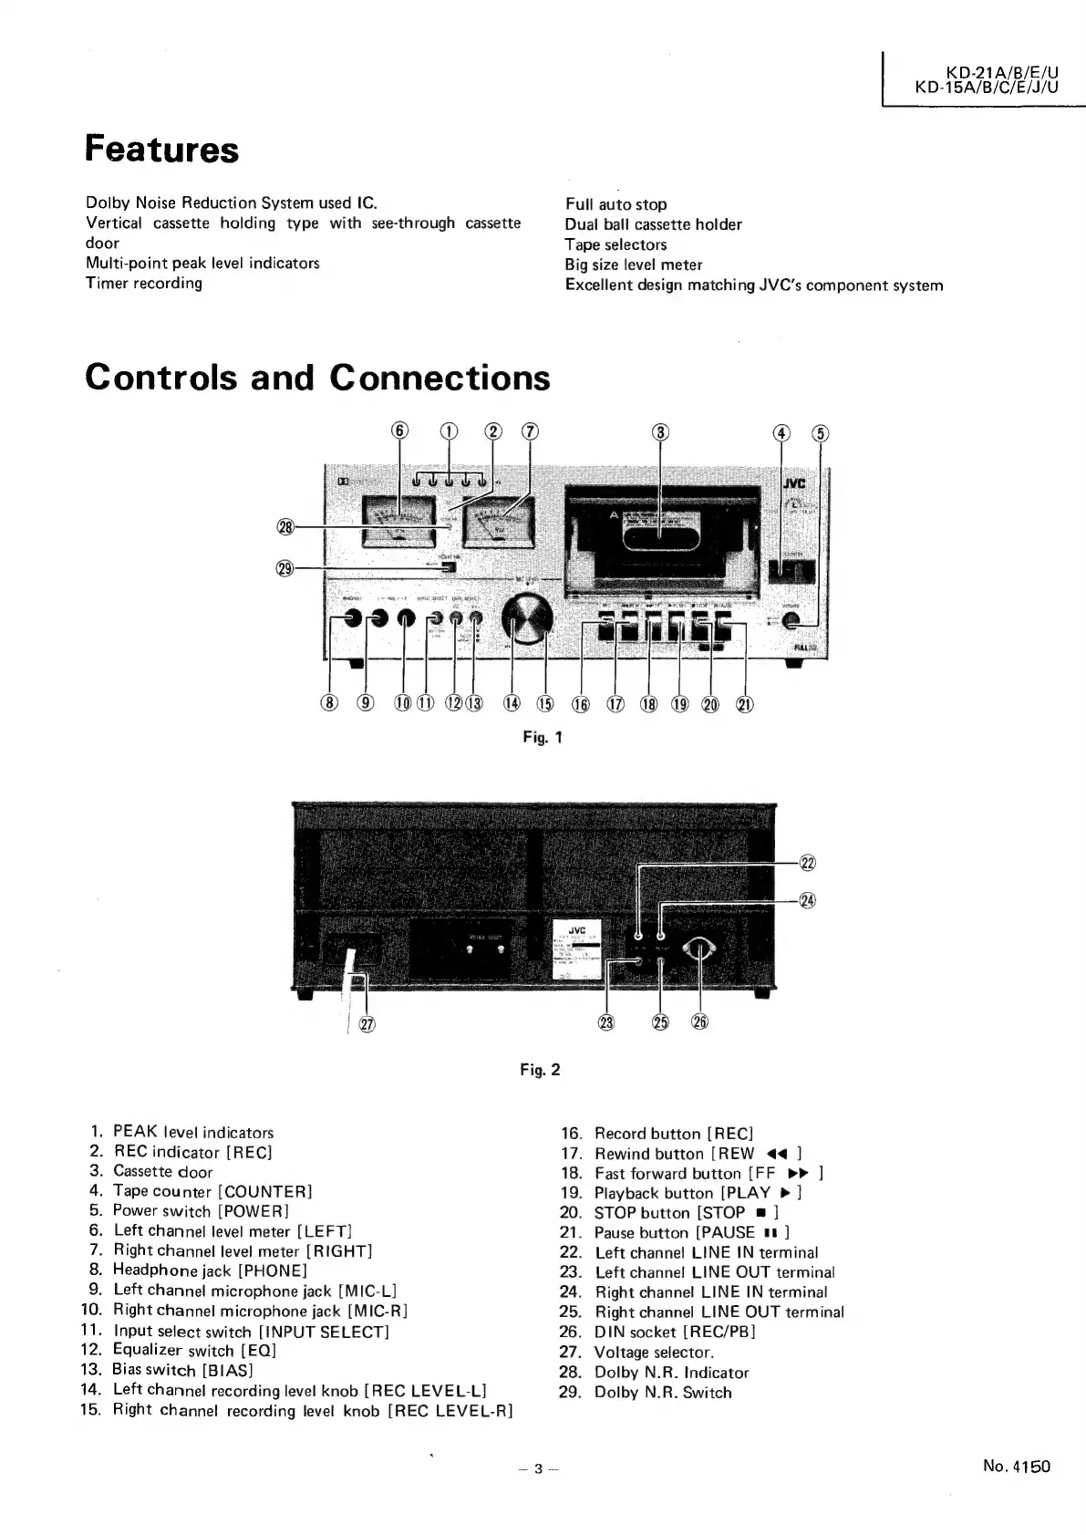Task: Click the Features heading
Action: (x=161, y=150)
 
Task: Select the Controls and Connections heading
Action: (x=317, y=378)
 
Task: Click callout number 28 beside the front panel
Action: (x=285, y=526)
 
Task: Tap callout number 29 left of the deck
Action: (x=285, y=567)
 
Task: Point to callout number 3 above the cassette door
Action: (x=661, y=432)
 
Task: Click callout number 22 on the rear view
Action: (x=807, y=864)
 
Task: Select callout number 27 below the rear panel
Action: (x=367, y=1024)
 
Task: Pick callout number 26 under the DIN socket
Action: (x=699, y=1022)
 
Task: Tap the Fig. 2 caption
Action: (x=542, y=1069)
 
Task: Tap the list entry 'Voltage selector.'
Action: (x=654, y=1353)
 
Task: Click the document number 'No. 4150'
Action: (x=1016, y=1467)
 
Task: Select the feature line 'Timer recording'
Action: (x=144, y=283)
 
